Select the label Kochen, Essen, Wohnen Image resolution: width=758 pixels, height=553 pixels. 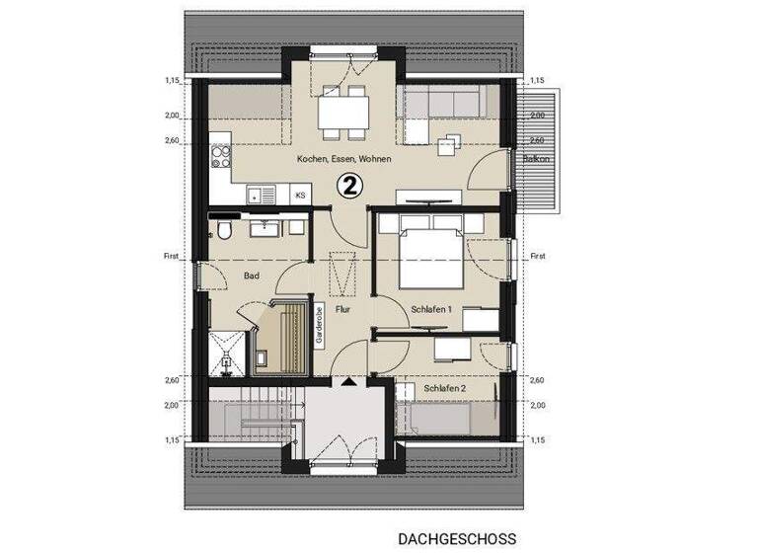(x=343, y=159)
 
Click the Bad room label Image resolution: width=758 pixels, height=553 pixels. (x=251, y=276)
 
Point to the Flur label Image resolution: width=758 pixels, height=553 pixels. (x=342, y=309)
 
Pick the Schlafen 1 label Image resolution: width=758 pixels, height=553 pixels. (x=430, y=309)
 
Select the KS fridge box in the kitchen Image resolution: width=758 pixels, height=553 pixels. (x=300, y=197)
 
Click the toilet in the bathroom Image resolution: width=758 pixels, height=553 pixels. (x=226, y=230)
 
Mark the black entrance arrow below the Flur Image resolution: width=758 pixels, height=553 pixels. (x=347, y=381)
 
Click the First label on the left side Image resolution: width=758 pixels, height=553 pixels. (x=171, y=257)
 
